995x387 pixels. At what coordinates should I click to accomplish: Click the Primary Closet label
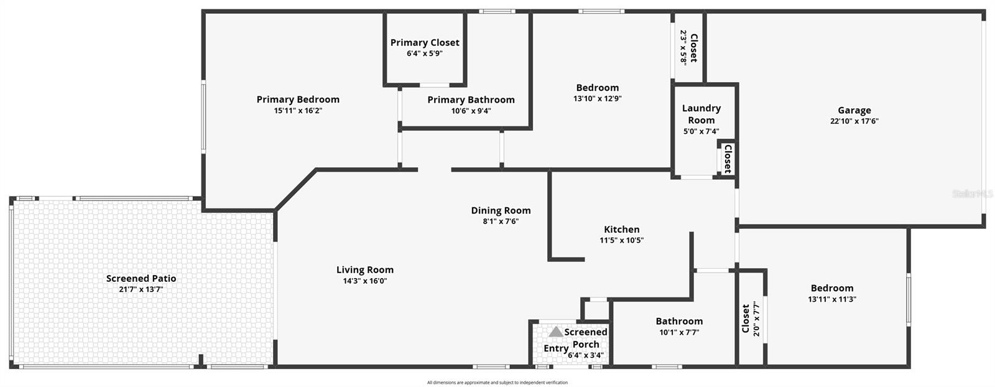425,42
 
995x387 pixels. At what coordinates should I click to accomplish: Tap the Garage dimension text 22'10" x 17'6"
854,121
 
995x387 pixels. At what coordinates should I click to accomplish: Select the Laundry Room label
701,114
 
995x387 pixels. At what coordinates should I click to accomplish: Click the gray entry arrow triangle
555,332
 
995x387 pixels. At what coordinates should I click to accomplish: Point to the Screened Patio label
141,278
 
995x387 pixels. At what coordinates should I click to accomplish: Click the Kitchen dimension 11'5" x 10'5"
621,240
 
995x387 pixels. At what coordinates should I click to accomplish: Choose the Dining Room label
501,210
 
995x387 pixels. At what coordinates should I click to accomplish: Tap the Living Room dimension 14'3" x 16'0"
365,281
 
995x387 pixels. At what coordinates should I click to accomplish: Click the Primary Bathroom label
471,100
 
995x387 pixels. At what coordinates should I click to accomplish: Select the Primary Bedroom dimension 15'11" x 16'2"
298,111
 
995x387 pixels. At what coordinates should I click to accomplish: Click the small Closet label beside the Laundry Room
727,159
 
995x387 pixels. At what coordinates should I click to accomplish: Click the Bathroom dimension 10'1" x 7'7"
679,332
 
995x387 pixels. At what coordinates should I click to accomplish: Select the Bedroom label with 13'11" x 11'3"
831,288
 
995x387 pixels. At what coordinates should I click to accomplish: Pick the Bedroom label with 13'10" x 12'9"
597,88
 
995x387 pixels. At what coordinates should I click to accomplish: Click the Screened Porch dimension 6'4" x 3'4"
585,356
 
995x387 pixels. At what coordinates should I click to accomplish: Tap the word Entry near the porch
555,348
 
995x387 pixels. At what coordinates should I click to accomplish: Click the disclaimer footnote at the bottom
497,383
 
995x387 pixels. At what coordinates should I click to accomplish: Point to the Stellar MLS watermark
972,194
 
